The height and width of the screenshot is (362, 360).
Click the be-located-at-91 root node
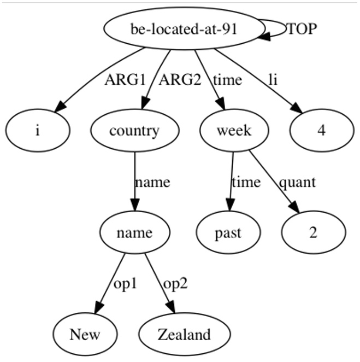pyautogui.click(x=184, y=28)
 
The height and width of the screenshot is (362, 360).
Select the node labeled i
pyautogui.click(x=38, y=131)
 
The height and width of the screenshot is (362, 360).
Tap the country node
pyautogui.click(x=135, y=131)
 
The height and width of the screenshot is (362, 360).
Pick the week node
pyautogui.click(x=234, y=131)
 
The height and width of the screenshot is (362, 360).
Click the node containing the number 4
pyautogui.click(x=322, y=131)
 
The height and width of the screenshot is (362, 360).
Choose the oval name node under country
pyautogui.click(x=135, y=232)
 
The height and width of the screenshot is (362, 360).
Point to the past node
pyautogui.click(x=228, y=232)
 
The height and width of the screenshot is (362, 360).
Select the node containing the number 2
pyautogui.click(x=314, y=232)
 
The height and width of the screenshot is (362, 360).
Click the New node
pyautogui.click(x=85, y=334)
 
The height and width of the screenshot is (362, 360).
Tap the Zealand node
pyautogui.click(x=185, y=334)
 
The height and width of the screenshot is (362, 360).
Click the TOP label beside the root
pyautogui.click(x=302, y=29)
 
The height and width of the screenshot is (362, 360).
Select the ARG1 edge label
pyautogui.click(x=125, y=80)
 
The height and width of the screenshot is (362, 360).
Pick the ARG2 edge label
pyautogui.click(x=180, y=80)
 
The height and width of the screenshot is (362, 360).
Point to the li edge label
pyautogui.click(x=273, y=80)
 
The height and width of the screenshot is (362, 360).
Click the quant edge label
pyautogui.click(x=297, y=182)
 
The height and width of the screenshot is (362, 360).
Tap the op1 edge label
pyautogui.click(x=126, y=283)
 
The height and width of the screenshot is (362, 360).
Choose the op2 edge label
pyautogui.click(x=175, y=283)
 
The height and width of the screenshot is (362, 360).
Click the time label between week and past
pyautogui.click(x=246, y=182)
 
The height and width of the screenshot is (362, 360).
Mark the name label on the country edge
pyautogui.click(x=152, y=182)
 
